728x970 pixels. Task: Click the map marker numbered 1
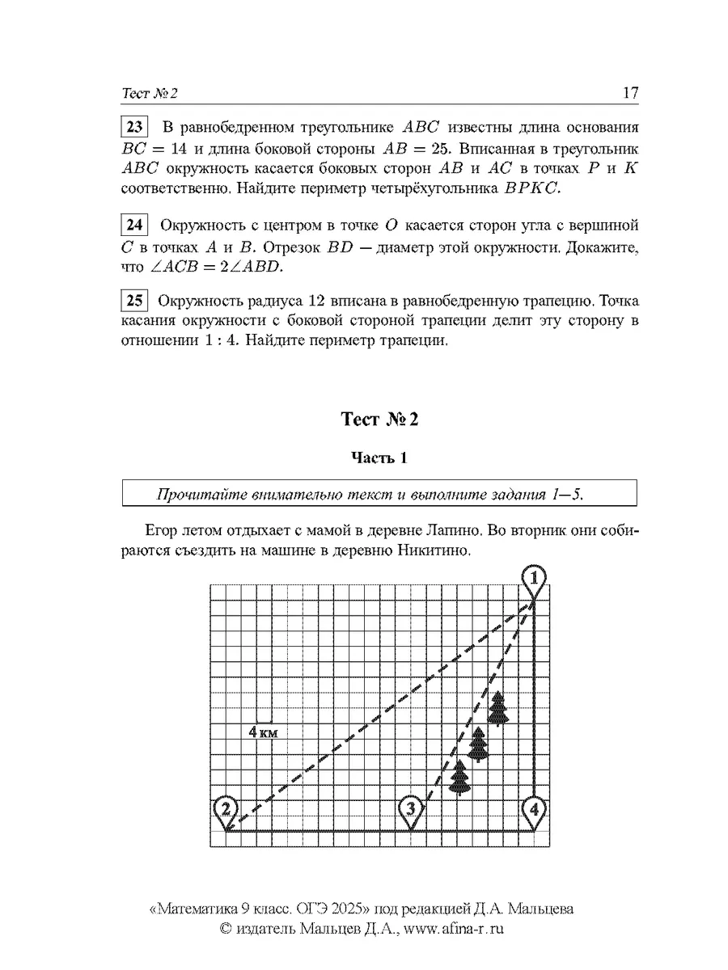[533, 579]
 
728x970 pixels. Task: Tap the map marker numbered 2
[227, 809]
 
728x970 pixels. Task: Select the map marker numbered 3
[412, 809]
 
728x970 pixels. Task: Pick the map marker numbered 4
[533, 808]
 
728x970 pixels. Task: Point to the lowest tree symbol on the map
[459, 778]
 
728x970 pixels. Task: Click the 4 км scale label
[264, 732]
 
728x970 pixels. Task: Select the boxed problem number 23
[134, 128]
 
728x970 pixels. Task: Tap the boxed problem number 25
[134, 302]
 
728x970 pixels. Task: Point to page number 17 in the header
[631, 93]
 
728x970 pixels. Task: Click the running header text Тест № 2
[150, 94]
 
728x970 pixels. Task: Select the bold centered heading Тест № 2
[379, 420]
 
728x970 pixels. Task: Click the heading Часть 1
[379, 458]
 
